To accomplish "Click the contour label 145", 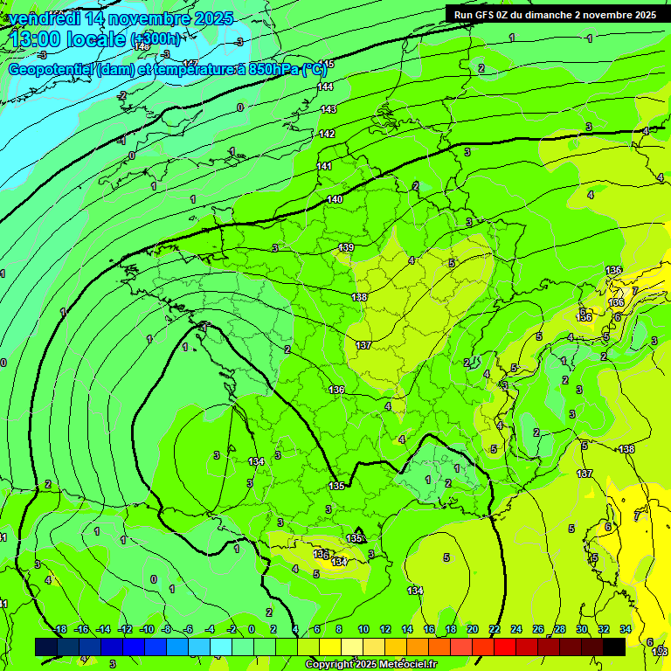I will (x=326, y=65).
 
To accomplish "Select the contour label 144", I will (x=326, y=86).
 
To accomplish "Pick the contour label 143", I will (x=328, y=109).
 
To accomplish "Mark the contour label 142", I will (x=327, y=134).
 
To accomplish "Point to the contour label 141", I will (x=324, y=166).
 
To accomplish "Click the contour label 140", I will (x=335, y=200).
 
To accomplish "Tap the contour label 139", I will (x=346, y=248).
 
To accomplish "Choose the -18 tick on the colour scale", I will (x=59, y=629).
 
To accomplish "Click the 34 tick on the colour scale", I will (x=625, y=629).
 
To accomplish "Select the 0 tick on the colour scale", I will (x=252, y=629).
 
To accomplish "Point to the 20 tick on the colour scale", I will (x=472, y=629).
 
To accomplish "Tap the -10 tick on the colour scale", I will (x=147, y=629).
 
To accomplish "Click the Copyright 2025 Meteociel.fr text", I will (x=370, y=664).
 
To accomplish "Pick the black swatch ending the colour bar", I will (x=614, y=647).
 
